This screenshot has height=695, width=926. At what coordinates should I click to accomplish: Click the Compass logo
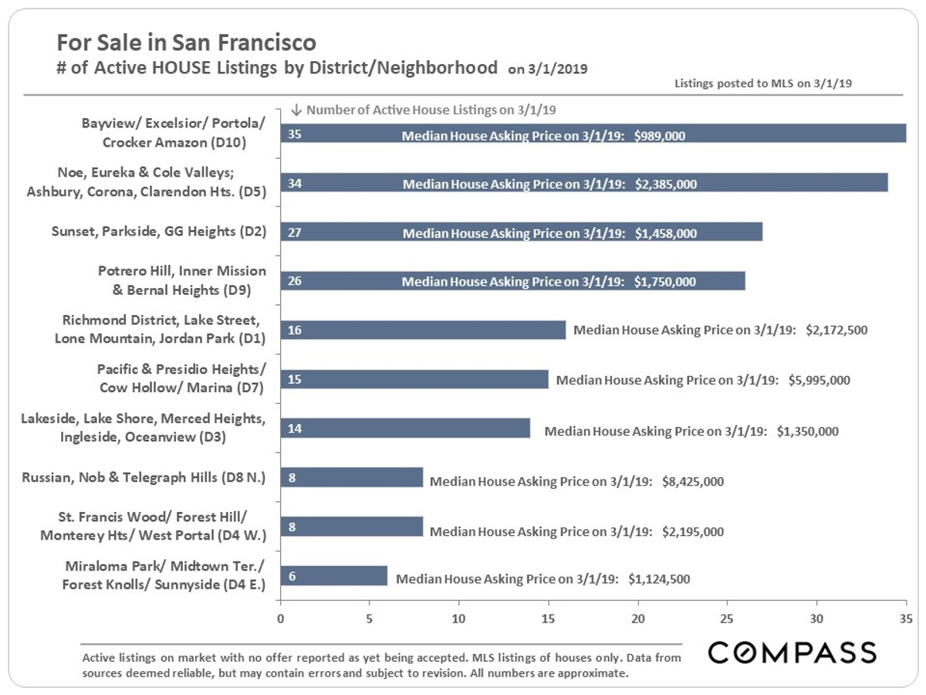[792, 653]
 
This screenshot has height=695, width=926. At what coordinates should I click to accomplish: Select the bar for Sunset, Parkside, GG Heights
[521, 232]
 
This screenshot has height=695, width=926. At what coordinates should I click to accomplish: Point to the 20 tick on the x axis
[638, 618]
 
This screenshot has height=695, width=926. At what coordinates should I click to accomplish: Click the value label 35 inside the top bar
[294, 134]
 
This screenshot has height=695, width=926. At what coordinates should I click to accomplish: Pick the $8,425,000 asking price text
[693, 481]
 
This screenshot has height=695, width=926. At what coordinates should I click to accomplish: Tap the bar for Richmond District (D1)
[423, 330]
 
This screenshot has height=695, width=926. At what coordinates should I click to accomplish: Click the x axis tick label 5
[370, 618]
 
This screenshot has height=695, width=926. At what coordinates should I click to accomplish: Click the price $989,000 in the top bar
[660, 135]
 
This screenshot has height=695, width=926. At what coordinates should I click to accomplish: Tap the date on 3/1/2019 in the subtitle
[548, 69]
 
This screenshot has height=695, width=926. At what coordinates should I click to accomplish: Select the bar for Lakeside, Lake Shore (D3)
[405, 429]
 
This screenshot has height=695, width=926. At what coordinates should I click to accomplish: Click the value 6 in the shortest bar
[292, 576]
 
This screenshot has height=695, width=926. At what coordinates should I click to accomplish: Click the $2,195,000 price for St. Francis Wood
[693, 531]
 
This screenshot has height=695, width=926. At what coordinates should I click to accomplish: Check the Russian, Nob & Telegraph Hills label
[144, 477]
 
